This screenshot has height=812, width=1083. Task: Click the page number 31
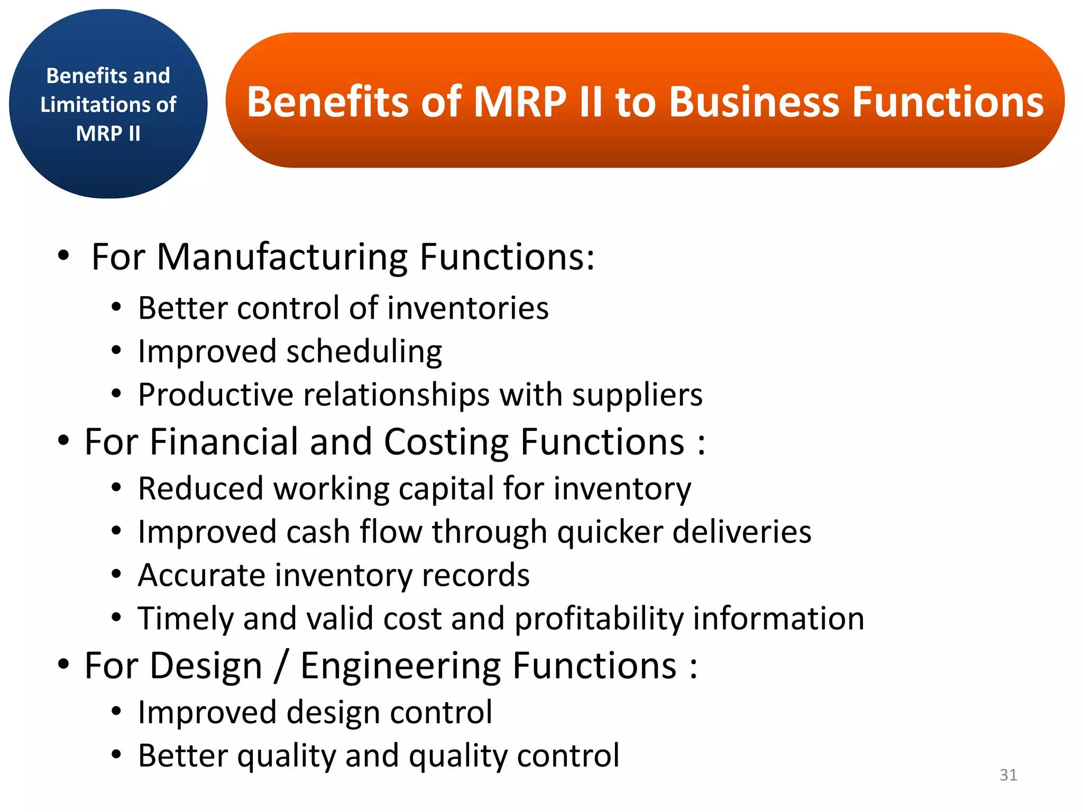tap(1008, 775)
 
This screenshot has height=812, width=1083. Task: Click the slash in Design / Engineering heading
tap(281, 666)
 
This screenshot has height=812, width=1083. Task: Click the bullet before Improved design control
tap(116, 712)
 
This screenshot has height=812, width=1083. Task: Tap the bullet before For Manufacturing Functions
tap(63, 256)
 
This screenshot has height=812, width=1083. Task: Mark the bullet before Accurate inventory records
tap(116, 574)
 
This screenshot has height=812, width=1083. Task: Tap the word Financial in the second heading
tap(223, 442)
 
